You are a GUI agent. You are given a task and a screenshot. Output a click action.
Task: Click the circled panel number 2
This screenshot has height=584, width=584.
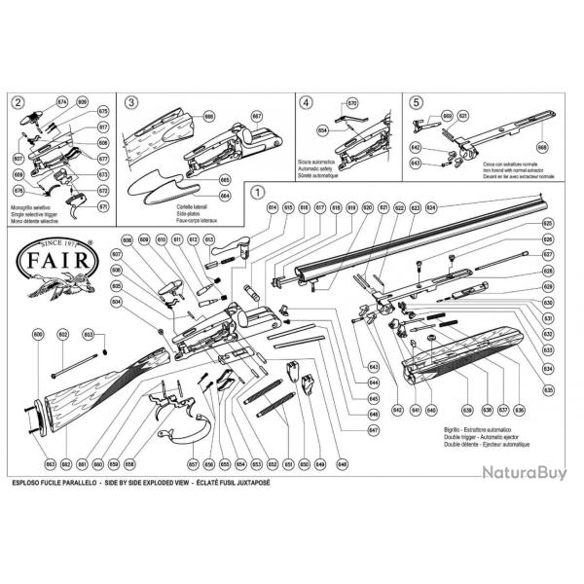tap(18, 101)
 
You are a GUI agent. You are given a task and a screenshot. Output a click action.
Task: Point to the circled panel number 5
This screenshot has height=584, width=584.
tap(416, 101)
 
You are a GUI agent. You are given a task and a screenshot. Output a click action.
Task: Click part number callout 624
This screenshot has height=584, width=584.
tap(431, 208)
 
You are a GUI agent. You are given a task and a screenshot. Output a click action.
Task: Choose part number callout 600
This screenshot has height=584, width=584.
tap(39, 335)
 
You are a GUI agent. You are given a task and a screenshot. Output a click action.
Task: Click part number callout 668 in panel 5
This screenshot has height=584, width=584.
tap(543, 148)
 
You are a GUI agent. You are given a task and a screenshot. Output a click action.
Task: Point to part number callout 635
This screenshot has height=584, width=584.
tap(548, 389)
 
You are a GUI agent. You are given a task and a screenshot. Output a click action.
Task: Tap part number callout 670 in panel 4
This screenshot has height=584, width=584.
tap(352, 102)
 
